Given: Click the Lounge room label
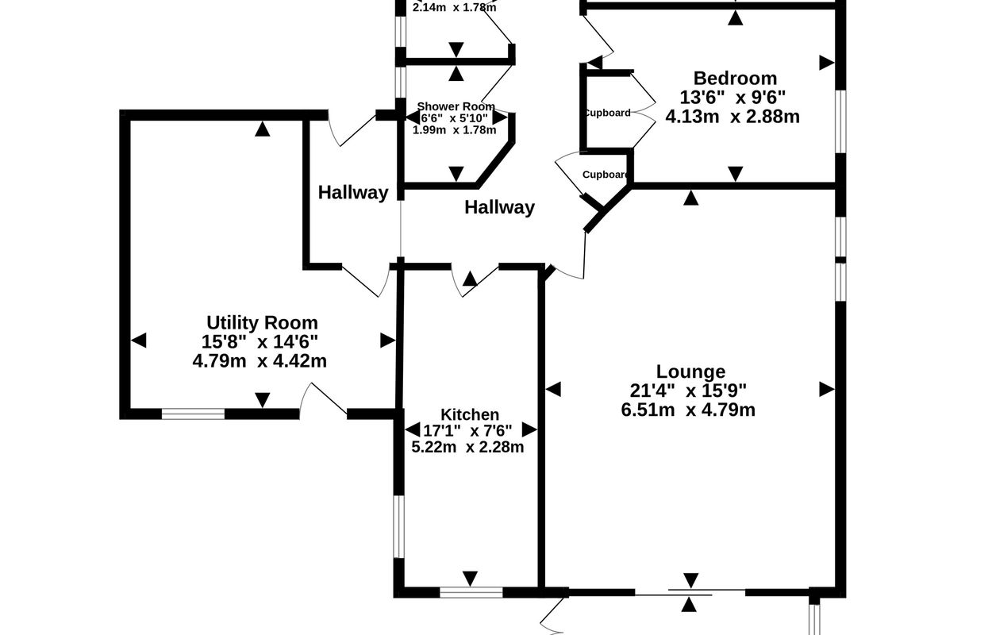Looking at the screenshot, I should (x=690, y=371).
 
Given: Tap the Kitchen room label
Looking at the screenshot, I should (x=470, y=414).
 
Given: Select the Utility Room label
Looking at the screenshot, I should (x=262, y=322).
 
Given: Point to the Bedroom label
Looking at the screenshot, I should (x=735, y=78).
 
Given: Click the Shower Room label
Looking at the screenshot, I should (x=456, y=106).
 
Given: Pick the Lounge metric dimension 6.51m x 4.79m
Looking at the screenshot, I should (x=688, y=410).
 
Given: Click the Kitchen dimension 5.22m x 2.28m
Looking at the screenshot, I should (x=467, y=447).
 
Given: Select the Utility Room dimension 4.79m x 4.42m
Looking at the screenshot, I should (x=260, y=360).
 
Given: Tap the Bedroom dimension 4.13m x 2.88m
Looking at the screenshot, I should (x=732, y=116).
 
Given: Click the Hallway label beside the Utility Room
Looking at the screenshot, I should (x=353, y=192).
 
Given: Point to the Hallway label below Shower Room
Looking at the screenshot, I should (x=499, y=208).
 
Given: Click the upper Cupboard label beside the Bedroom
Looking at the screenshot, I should (x=607, y=113).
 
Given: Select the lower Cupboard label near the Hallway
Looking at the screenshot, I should (x=606, y=175).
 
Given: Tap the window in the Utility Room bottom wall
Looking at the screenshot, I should (x=193, y=413).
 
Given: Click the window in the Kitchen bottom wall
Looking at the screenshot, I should (x=471, y=592).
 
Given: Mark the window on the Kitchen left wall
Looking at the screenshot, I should (x=399, y=527).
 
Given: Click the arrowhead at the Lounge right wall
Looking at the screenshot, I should (x=827, y=389).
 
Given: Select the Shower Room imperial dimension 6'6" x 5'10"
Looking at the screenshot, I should (x=454, y=118).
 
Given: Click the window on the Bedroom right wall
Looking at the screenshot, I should (x=840, y=119).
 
